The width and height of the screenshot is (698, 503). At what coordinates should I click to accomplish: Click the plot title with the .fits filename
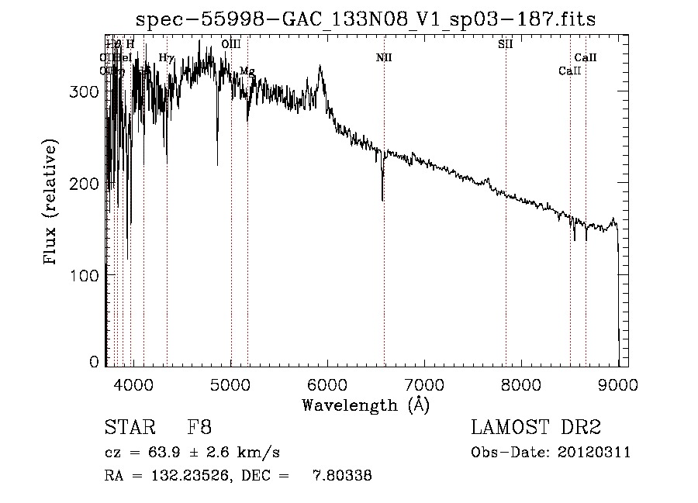tap(365, 19)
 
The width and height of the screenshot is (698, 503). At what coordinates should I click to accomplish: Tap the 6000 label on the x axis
tap(327, 384)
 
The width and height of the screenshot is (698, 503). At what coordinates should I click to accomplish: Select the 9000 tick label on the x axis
tap(618, 384)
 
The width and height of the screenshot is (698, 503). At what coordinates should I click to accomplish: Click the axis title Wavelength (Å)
tap(365, 405)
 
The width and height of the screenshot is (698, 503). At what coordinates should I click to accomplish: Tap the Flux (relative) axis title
tap(52, 203)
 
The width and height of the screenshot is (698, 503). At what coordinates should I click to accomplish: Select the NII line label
tap(384, 57)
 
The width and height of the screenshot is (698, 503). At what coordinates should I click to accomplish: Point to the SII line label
tap(505, 44)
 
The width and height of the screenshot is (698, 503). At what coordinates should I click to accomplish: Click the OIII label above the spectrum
tap(230, 44)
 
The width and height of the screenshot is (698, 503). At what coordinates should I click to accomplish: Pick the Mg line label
tap(247, 71)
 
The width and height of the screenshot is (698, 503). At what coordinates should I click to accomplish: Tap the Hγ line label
tap(166, 57)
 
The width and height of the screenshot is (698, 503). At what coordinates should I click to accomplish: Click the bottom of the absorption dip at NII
tap(382, 200)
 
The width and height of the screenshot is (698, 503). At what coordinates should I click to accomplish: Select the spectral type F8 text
tap(199, 427)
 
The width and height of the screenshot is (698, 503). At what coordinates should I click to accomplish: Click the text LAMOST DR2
tap(536, 427)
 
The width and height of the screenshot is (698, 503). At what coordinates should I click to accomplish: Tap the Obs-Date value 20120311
tap(597, 453)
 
